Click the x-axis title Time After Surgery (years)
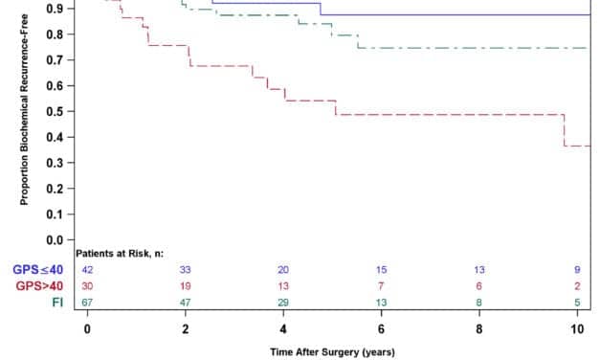[x=329, y=351]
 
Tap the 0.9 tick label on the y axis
[x=61, y=9]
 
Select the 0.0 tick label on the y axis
[x=61, y=239]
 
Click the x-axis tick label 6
[x=381, y=329]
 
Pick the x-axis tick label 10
[x=576, y=329]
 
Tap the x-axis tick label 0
[x=87, y=329]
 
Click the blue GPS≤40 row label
[x=38, y=270]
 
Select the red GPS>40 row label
[x=38, y=285]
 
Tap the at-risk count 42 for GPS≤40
[x=87, y=270]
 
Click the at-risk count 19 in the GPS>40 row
[x=185, y=285]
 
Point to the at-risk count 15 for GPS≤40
[x=381, y=270]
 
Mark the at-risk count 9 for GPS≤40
[x=576, y=270]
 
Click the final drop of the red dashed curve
[x=565, y=130]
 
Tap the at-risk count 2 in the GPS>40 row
[x=576, y=285]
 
